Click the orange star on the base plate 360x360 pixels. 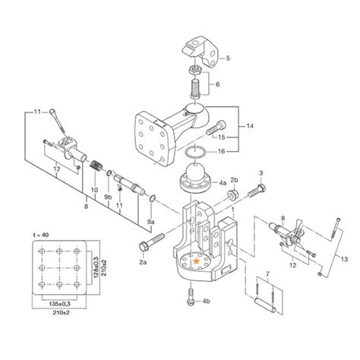click(x=197, y=261)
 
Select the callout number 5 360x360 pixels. click(x=228, y=58)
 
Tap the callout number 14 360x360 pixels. click(x=250, y=126)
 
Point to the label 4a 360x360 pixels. click(x=223, y=182)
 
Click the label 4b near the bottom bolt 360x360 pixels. click(x=206, y=302)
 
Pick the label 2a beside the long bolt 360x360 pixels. click(x=143, y=263)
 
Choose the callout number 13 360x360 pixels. click(x=345, y=259)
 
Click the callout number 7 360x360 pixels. click(x=267, y=273)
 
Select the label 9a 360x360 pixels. click(x=150, y=222)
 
